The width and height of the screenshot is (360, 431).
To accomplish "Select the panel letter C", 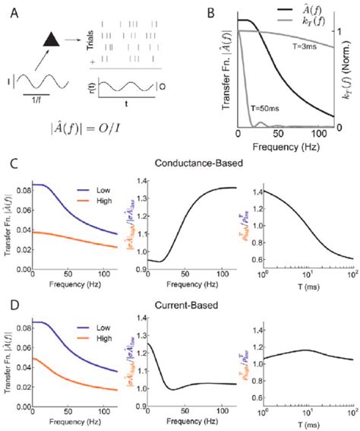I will [10, 163].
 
